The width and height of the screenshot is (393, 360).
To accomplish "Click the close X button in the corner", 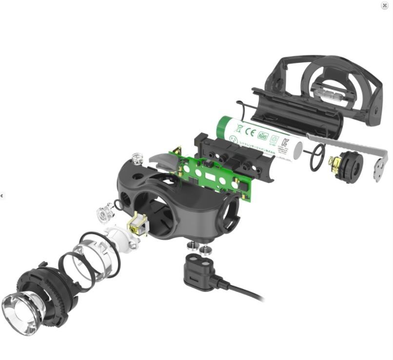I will pyautogui.click(x=385, y=5).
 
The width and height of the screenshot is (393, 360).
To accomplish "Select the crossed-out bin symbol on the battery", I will pyautogui.click(x=239, y=129).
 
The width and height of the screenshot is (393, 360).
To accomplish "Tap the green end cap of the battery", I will pyautogui.click(x=223, y=128).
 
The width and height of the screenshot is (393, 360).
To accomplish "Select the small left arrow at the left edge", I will pyautogui.click(x=2, y=196).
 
